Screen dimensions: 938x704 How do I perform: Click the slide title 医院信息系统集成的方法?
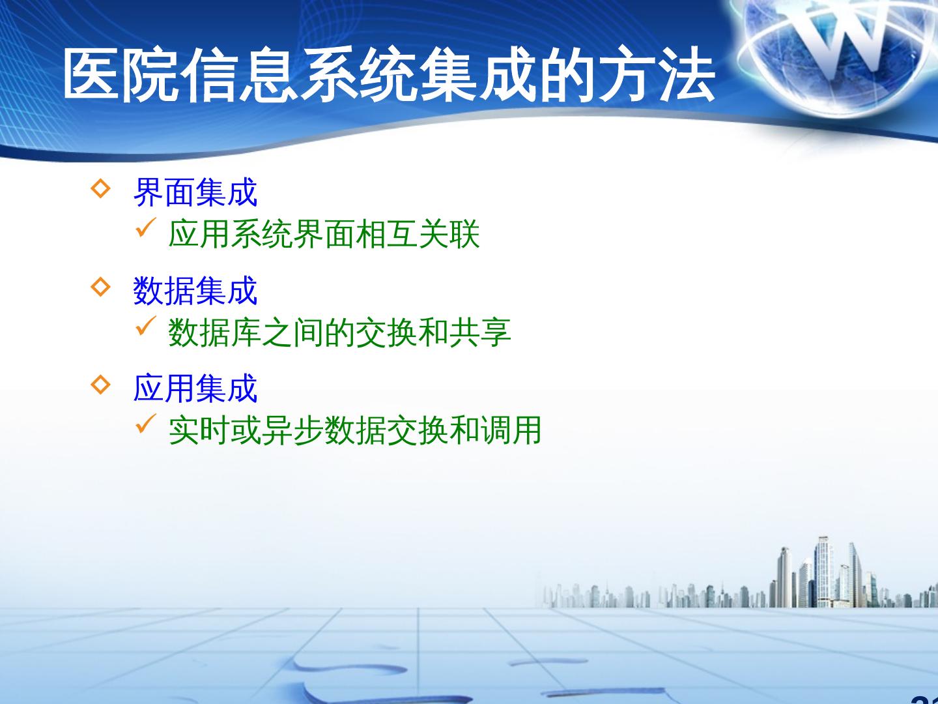pyautogui.click(x=390, y=75)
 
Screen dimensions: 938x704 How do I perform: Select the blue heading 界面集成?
pyautogui.click(x=195, y=192)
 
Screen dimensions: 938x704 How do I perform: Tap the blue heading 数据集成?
pyautogui.click(x=195, y=291)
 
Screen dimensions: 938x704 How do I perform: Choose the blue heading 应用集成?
pyautogui.click(x=195, y=388)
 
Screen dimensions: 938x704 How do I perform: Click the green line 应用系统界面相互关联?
pyautogui.click(x=324, y=234)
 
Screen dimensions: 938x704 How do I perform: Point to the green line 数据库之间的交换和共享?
pyautogui.click(x=340, y=332)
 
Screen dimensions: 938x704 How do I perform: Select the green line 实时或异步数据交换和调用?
pyautogui.click(x=355, y=430)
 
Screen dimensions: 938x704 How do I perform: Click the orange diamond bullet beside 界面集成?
pyautogui.click(x=101, y=188)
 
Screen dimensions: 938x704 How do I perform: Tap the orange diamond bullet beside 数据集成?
pyautogui.click(x=101, y=286)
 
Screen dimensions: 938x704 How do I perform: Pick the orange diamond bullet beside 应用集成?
pyautogui.click(x=101, y=385)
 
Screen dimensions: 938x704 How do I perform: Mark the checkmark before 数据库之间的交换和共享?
pyautogui.click(x=146, y=326)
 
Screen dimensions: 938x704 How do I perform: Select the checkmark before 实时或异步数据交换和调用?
pyautogui.click(x=146, y=424)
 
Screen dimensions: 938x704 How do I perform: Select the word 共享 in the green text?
pyautogui.click(x=480, y=332)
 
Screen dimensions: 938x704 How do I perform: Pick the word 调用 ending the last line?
pyautogui.click(x=511, y=430)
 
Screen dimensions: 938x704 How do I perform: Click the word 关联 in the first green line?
pyautogui.click(x=449, y=234)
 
